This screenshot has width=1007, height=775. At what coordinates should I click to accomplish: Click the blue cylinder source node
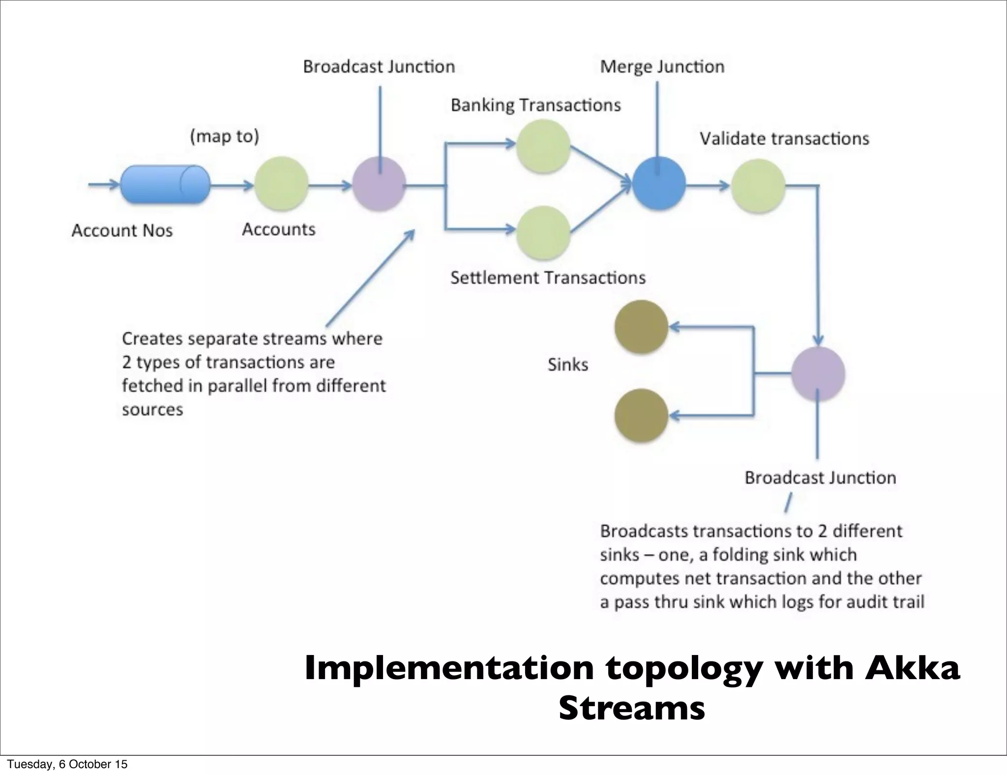coord(165,185)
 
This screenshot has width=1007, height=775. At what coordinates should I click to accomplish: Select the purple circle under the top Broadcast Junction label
coord(379,184)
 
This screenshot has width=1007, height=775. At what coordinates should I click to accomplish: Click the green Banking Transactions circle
coord(543,146)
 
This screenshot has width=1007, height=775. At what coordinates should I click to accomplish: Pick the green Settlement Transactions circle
coord(543,232)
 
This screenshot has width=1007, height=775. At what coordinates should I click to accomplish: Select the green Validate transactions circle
coord(758,185)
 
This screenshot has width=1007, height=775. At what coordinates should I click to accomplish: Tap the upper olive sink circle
coord(641,327)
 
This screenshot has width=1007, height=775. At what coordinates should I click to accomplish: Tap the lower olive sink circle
coord(641,416)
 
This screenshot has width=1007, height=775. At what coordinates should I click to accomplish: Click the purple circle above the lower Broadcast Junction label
coord(818,374)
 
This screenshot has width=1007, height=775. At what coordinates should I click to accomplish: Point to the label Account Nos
coord(122,231)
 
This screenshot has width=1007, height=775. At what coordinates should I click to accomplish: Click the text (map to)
coord(225,136)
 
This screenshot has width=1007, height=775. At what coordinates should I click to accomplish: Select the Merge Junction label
coord(662,66)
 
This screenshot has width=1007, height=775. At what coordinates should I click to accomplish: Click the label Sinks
coord(568,365)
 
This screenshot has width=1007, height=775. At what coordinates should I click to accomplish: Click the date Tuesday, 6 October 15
coord(67,764)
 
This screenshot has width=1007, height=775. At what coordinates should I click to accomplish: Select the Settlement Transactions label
coord(548,278)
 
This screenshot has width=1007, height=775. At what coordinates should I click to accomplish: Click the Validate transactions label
coord(784,139)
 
